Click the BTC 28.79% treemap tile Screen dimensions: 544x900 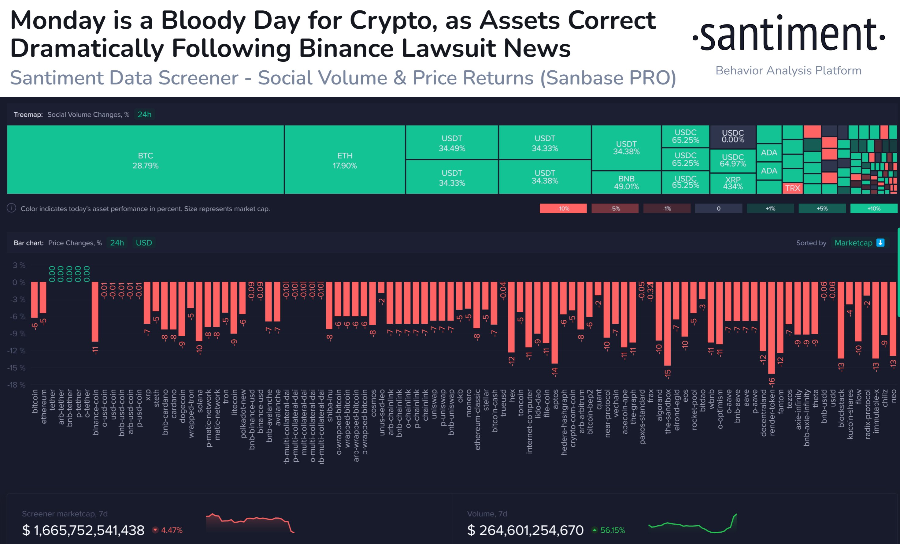point(145,160)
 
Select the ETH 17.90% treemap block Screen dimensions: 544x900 point(344,160)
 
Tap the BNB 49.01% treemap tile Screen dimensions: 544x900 point(626,182)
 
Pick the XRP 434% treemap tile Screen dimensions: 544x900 point(733,183)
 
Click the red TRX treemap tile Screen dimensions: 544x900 point(792,188)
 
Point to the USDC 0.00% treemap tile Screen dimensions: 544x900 point(733,136)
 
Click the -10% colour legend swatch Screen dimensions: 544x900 point(563,208)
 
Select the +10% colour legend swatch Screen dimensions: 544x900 point(874,208)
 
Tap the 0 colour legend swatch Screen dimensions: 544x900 point(718,208)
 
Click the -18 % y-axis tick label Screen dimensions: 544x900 point(17,385)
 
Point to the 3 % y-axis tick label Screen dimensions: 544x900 point(19,265)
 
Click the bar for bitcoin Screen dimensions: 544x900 point(34,300)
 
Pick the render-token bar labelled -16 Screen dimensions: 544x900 point(772,327)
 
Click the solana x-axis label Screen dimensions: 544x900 point(200,401)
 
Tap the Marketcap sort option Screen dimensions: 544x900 point(853,243)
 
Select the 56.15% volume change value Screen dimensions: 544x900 point(612,530)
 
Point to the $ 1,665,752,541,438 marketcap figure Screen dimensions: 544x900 point(83,530)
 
